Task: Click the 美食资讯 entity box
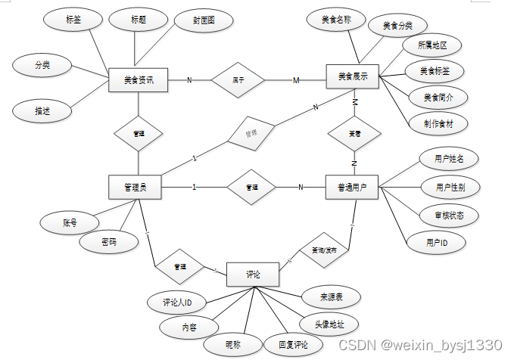138,79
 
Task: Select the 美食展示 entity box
353,76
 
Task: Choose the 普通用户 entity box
351,187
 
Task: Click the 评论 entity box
253,274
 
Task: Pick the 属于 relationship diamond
237,79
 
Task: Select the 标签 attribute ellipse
73,20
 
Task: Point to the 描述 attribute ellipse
42,110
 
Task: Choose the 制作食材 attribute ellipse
435,122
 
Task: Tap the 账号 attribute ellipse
70,222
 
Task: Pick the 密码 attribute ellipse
109,242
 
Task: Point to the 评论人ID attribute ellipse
177,303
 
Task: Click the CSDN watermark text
419,345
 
